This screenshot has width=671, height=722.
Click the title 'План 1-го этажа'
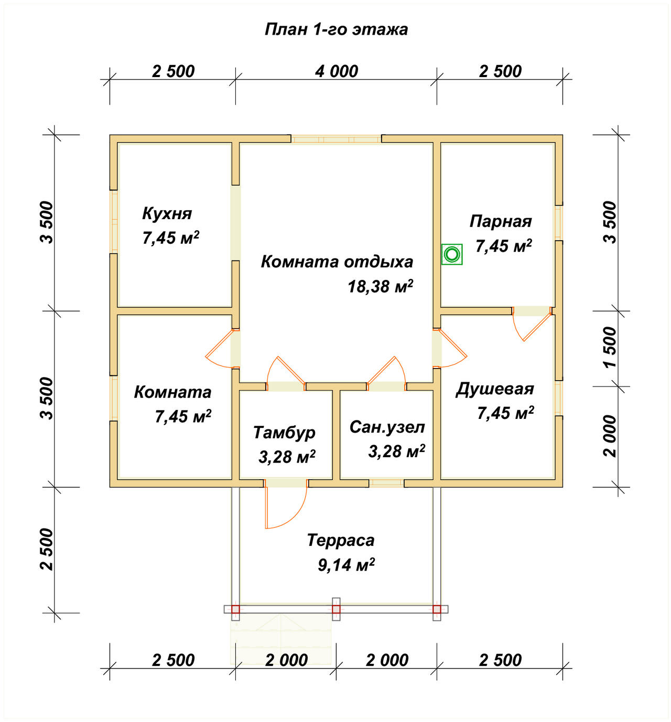336,29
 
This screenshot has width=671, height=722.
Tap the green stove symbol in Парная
452,254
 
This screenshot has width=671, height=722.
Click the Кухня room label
167,213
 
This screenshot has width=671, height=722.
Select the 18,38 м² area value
380,286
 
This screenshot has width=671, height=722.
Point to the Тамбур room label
284,433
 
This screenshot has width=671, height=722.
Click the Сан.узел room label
387,427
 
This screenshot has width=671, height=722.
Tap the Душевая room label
495,389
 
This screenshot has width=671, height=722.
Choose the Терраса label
341,540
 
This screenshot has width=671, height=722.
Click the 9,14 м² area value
346,565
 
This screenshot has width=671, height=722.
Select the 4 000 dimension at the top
337,71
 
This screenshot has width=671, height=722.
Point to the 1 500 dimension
610,347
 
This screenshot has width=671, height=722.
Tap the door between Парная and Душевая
532,323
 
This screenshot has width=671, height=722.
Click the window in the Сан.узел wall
386,483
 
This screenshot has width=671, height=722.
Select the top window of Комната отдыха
336,139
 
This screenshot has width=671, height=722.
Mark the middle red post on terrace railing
336,609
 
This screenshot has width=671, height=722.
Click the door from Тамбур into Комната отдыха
286,373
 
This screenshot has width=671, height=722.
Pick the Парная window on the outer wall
559,222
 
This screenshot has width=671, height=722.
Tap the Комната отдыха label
337,262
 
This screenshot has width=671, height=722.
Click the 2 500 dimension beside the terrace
47,549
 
